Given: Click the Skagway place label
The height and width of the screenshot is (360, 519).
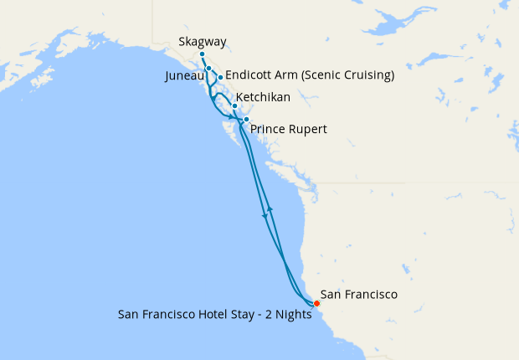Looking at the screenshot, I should point(203,42).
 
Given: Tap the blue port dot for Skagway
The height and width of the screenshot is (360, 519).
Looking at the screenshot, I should point(203,54).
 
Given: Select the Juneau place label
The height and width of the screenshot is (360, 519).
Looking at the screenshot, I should point(184,75).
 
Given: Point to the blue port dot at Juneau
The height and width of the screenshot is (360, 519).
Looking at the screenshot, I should point(208,69).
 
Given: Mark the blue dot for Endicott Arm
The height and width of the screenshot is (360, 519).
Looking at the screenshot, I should point(220,77).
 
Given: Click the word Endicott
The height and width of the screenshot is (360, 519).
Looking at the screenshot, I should point(251,75).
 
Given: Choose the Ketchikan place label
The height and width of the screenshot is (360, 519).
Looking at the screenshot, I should point(264,98).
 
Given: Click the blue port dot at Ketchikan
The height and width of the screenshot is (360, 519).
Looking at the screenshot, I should point(235,105).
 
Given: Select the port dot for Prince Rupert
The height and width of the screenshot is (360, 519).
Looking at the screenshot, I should point(246,120).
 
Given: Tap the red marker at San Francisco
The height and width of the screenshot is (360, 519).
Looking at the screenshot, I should point(316,303).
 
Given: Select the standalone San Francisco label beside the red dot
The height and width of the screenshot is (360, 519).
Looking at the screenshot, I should point(359,295).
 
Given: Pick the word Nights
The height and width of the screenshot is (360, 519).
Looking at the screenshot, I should point(294,316).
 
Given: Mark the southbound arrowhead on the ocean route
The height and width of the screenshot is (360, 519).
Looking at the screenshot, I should point(265,216).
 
